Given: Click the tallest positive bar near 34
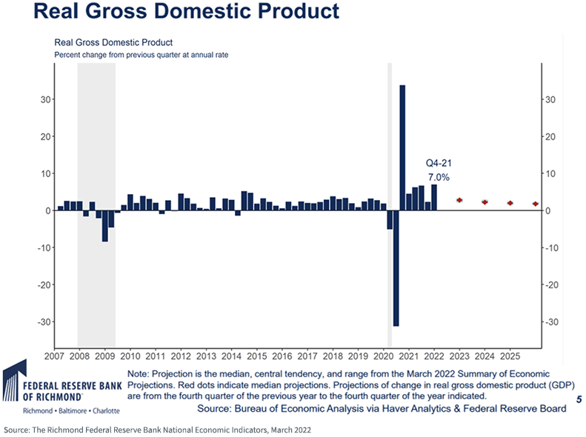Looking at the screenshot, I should tap(402, 147).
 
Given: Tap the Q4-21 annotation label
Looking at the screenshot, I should tap(437, 162).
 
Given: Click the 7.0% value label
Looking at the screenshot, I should tap(439, 178).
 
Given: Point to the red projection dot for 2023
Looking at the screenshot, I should tap(459, 200).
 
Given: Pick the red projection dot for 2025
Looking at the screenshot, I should tap(510, 203).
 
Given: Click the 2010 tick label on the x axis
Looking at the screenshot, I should tap(130, 356).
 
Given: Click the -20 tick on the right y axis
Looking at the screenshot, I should tap(553, 284).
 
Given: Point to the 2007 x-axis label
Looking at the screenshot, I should tap(54, 356).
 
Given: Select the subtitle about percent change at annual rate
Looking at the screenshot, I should tap(116, 56).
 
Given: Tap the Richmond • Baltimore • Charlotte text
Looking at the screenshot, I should tap(50, 410).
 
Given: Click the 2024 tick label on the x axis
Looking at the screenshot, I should tap(485, 356).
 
